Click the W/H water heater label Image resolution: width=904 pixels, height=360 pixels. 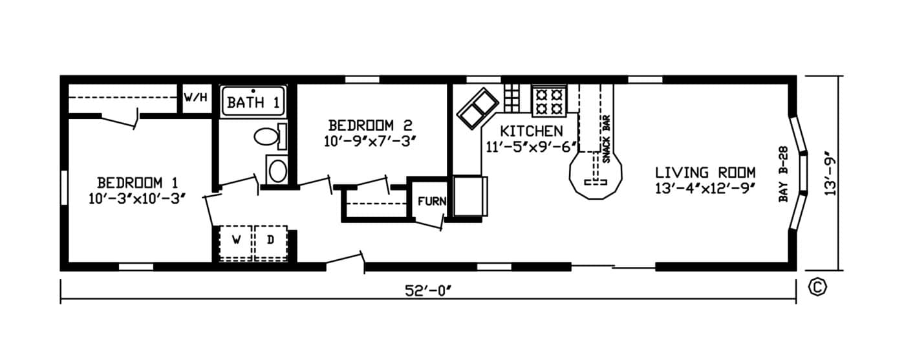tap(196, 97)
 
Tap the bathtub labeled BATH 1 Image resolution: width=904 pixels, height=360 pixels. tap(253, 101)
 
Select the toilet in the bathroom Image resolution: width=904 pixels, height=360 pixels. tap(270, 136)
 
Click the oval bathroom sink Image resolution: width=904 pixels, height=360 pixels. tap(277, 171)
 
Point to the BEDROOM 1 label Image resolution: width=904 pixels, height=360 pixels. tap(138, 183)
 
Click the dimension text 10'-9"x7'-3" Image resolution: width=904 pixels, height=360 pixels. tap(370, 142)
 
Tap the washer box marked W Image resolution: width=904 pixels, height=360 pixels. tap(236, 242)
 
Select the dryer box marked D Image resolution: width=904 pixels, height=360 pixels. tap(270, 242)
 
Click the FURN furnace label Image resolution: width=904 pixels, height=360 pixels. tap(432, 201)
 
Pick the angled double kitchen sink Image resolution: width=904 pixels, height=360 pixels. tap(478, 108)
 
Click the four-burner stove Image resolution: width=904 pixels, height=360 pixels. tap(549, 101)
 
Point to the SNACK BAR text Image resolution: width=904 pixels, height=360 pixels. tap(606, 139)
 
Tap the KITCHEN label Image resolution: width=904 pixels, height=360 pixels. tap(531, 131)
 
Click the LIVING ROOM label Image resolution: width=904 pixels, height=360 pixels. tap(705, 173)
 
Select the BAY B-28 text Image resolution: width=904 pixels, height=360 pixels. tap(783, 174)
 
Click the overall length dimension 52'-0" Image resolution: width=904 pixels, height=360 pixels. tap(428, 291)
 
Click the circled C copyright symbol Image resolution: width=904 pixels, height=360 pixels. tap(817, 287)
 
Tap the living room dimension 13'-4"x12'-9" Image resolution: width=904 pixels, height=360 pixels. tap(705, 189)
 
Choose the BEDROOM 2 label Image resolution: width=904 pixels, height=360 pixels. tap(370, 125)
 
